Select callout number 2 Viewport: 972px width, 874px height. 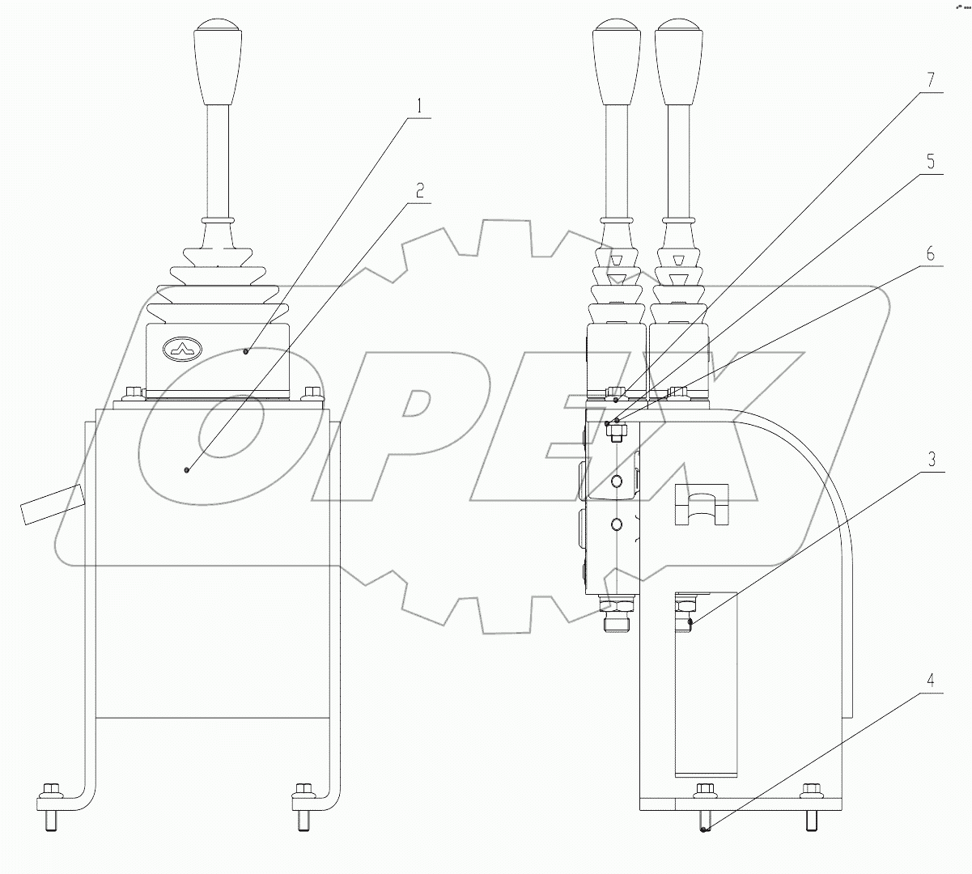(x=419, y=191)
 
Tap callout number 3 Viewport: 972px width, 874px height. (x=931, y=460)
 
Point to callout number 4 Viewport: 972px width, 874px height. (x=931, y=681)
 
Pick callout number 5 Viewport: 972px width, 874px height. (x=931, y=162)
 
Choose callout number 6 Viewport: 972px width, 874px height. (x=931, y=254)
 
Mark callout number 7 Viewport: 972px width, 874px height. (x=931, y=81)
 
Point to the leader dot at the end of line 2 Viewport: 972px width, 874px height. (x=188, y=469)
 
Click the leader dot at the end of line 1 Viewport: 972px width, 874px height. (x=246, y=351)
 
